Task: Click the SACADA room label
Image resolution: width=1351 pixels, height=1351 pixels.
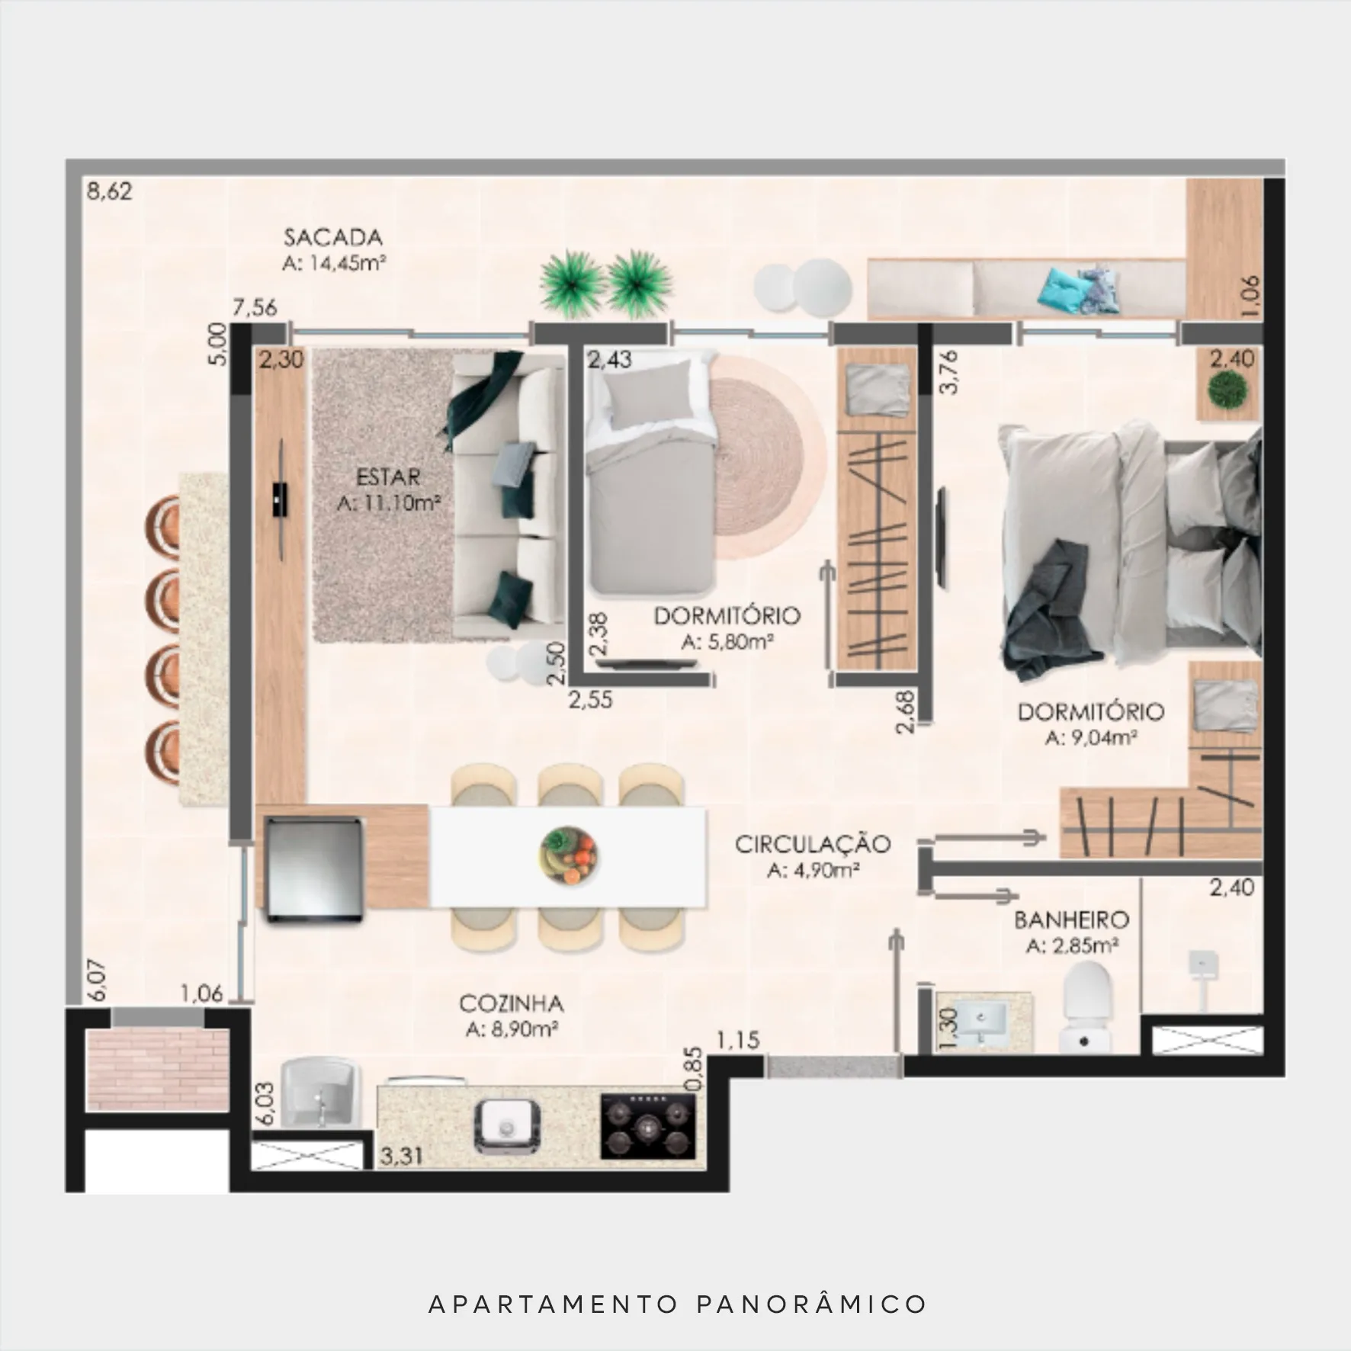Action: pyautogui.click(x=333, y=237)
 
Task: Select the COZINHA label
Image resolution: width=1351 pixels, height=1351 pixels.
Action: pyautogui.click(x=512, y=1003)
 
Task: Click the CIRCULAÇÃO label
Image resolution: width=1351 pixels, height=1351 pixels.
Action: pyautogui.click(x=813, y=844)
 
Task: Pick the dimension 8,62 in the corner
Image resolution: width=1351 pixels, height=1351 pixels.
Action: pyautogui.click(x=109, y=191)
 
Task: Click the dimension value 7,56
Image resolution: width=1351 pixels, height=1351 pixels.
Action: pyautogui.click(x=255, y=308)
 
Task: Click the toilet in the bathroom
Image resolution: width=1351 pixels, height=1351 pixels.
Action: pyautogui.click(x=1086, y=1007)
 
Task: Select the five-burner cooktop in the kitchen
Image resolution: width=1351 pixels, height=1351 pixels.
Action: pyautogui.click(x=648, y=1126)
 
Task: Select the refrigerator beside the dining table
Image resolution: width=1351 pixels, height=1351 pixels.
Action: pyautogui.click(x=313, y=869)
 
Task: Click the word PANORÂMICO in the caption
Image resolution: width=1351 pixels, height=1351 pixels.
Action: pyautogui.click(x=812, y=1304)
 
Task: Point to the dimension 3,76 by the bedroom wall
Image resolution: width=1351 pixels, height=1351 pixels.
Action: pyautogui.click(x=949, y=372)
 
